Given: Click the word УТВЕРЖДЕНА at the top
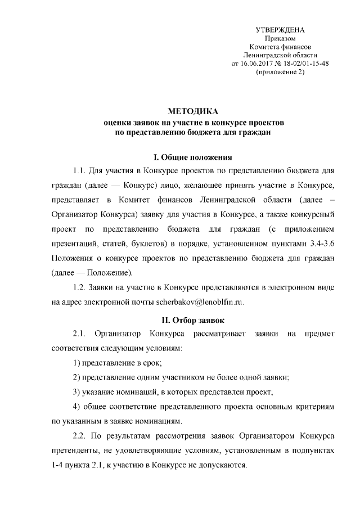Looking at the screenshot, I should point(280,29).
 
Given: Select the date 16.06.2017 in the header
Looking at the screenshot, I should point(256,64).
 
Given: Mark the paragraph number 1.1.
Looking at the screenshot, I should point(80,170).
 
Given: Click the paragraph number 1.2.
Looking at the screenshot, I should point(80,287).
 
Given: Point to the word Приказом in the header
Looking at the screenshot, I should point(280,38).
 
